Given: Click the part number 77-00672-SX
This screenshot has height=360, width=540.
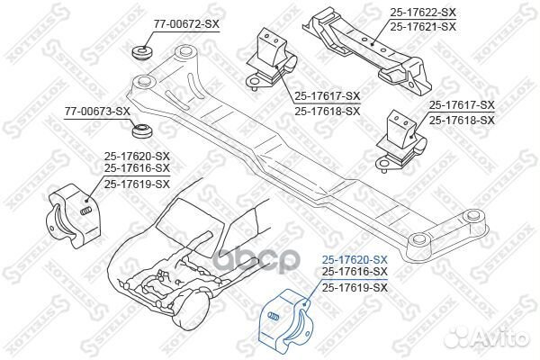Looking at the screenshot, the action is (186, 24).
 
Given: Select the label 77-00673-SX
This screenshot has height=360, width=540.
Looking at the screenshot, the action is (97, 112).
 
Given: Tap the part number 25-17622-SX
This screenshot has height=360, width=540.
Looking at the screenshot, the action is (423, 13).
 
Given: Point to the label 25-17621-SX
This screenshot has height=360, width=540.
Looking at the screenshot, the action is (423, 26).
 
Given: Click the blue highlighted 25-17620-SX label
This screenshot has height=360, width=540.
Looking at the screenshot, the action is (355, 259).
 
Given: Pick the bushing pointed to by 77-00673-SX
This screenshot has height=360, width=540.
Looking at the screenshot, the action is (142, 130).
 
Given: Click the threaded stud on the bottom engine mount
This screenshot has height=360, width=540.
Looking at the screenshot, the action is (274, 316).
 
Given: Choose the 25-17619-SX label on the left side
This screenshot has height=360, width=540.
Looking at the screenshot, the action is (137, 184).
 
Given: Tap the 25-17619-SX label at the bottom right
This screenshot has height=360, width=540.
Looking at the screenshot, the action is (355, 287).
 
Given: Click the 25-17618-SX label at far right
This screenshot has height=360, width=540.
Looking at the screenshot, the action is (462, 121).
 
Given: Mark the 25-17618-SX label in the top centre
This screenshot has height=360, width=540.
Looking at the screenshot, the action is (327, 111).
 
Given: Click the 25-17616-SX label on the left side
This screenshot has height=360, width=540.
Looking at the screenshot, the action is (137, 167).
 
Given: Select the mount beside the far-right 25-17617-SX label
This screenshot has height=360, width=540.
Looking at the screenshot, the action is (400, 140).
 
